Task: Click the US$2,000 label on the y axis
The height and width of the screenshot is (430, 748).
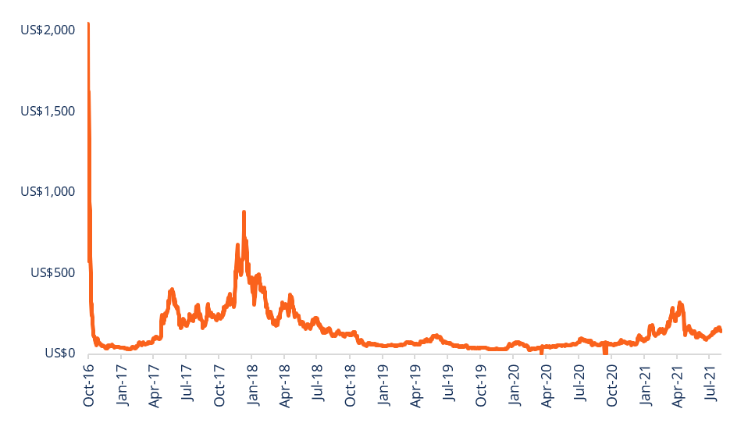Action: point(48,30)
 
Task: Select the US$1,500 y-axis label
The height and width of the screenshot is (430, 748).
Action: point(48,111)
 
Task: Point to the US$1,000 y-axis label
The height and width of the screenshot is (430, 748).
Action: point(48,191)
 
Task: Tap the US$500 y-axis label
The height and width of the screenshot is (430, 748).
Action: point(52,272)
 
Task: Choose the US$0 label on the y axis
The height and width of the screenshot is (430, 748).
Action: point(59,354)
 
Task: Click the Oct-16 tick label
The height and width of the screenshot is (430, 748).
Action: point(88,386)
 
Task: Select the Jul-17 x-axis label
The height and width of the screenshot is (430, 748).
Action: point(187,387)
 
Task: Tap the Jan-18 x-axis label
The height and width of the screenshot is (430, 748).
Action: point(252,386)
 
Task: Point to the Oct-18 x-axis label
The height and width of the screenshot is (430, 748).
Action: point(350,386)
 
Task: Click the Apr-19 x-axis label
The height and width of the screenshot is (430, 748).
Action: point(415,386)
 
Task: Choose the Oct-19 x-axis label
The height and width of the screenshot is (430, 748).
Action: point(481,386)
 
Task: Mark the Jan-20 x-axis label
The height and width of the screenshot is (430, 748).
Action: point(514,386)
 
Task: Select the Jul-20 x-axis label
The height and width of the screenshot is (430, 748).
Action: point(579,387)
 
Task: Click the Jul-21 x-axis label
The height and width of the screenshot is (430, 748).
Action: point(711,387)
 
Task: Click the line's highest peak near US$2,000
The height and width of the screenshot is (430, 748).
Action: point(88,24)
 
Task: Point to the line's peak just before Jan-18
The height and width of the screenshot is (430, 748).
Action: point(244,212)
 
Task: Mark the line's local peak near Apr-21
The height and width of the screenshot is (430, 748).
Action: point(680,303)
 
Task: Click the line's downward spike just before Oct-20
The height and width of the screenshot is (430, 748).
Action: point(605,352)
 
